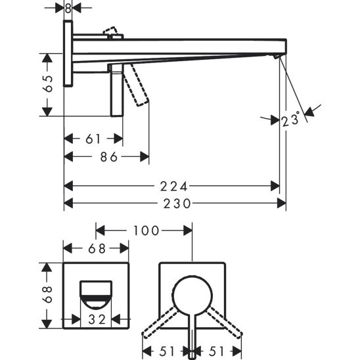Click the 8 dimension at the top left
(68, 8)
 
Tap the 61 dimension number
(94, 139)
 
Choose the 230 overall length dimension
(176, 204)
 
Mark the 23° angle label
(290, 120)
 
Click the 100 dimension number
(146, 231)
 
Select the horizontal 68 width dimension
(96, 248)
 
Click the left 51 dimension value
(168, 350)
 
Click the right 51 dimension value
(217, 350)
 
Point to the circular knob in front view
(192, 292)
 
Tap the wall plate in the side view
(68, 53)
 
